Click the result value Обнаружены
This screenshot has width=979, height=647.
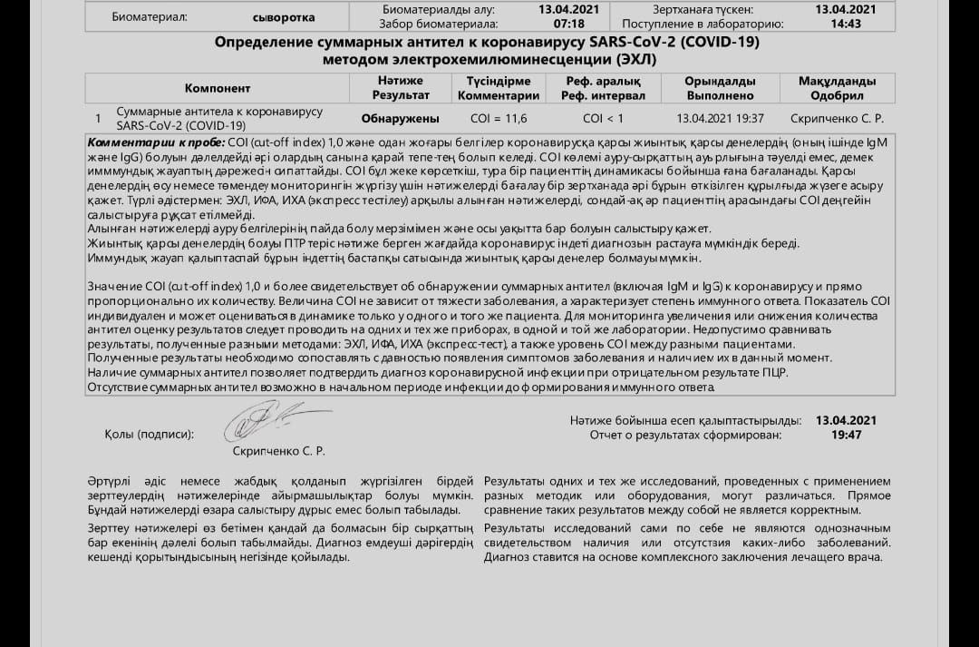(400, 118)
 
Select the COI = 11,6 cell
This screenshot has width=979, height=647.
(499, 118)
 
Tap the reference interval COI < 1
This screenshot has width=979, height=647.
(603, 118)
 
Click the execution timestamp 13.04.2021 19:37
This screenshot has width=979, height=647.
(720, 118)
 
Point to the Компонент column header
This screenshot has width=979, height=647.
(218, 88)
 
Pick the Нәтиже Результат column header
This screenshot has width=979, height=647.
(401, 88)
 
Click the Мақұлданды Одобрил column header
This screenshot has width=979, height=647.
(837, 88)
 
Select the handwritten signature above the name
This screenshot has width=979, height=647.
(266, 421)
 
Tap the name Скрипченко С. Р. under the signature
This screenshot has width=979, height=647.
(278, 451)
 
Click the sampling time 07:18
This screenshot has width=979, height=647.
(568, 24)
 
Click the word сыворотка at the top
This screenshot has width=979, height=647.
(284, 17)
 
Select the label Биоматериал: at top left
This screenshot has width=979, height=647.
(150, 17)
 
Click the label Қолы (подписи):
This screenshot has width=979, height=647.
(150, 434)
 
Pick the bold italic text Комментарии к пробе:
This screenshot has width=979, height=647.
(156, 143)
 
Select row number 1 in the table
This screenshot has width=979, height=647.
(98, 118)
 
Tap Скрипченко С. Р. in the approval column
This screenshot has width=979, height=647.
(837, 118)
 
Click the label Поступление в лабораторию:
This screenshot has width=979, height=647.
(716, 24)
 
